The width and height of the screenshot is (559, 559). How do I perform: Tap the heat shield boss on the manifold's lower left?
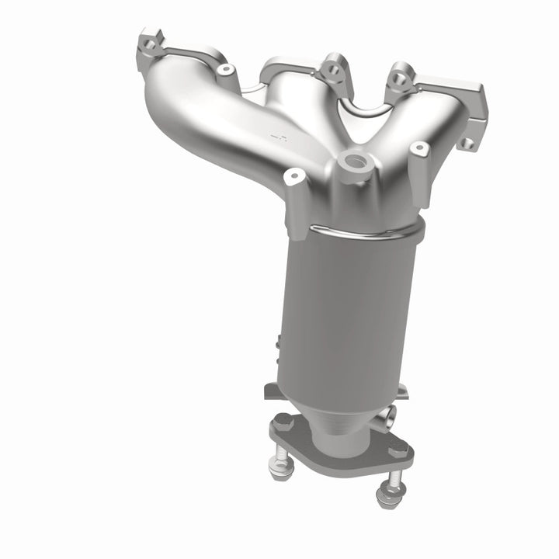(x=293, y=177)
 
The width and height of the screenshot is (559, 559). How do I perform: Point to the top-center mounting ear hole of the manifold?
(x=334, y=69)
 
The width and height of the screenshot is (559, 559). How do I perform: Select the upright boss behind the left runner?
(x=226, y=70)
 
